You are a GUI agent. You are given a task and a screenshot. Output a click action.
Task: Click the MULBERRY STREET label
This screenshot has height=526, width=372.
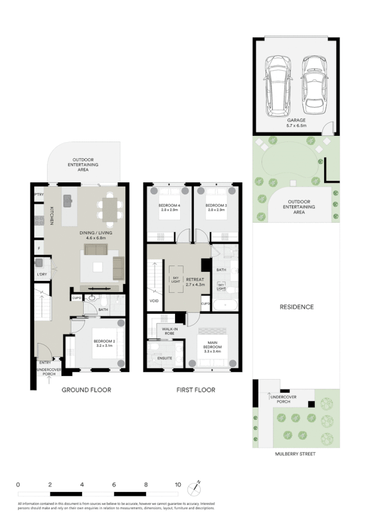(x=296, y=454)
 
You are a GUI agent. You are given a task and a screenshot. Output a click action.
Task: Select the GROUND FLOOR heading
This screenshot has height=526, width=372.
(x=86, y=390)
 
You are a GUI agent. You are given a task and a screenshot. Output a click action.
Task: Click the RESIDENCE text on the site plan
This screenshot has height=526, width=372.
(x=296, y=307)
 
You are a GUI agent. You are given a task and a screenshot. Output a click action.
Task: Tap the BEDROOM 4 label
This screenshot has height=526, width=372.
(x=169, y=205)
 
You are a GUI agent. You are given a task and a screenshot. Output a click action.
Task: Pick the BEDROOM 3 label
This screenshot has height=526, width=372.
(x=214, y=205)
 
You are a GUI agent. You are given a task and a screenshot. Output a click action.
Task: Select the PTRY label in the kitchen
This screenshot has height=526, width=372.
(x=37, y=194)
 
